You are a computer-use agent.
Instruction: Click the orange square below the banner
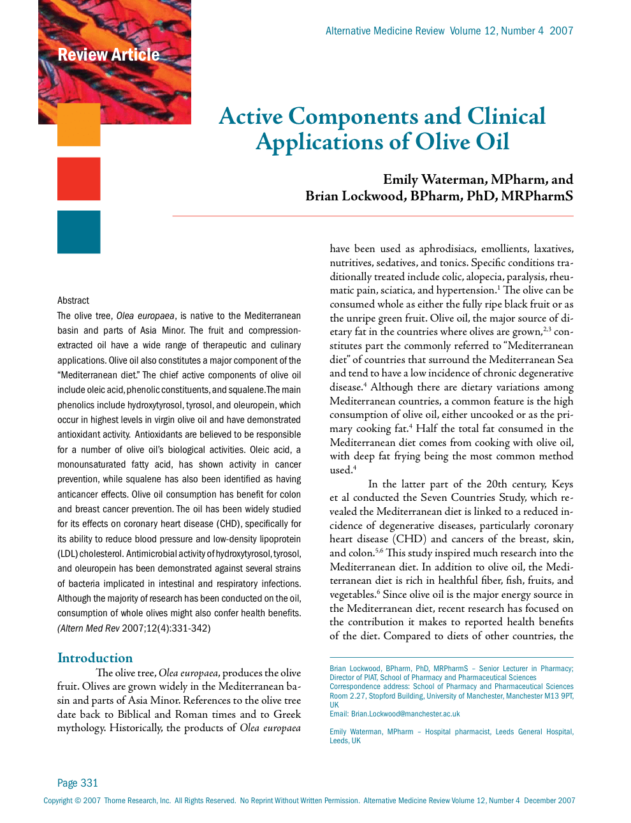coord(78,124)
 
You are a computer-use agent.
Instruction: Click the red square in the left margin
coord(78,179)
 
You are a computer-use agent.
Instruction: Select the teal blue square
coord(78,232)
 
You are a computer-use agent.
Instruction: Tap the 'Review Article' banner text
coord(108,55)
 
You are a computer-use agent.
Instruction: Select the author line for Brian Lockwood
coord(439,196)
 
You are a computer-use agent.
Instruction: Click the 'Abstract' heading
coord(73,300)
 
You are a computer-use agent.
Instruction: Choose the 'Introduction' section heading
coord(95,658)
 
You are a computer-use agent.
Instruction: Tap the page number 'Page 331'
coord(78,783)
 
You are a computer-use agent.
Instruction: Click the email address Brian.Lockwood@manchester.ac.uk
coord(405,714)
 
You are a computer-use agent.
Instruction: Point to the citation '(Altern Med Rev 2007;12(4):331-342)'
coord(134,628)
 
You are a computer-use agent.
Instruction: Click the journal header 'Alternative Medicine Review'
coord(385,31)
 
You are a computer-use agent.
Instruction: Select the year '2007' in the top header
coord(562,31)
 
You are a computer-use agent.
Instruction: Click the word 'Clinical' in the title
coord(506,116)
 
